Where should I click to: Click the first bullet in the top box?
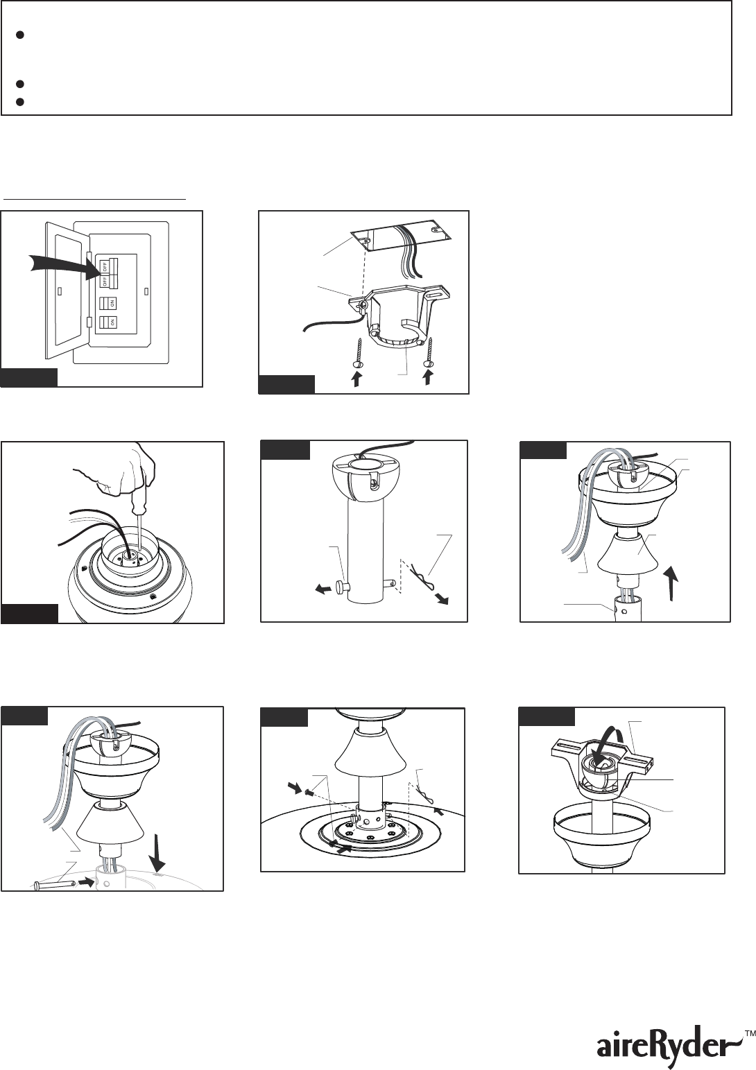20,35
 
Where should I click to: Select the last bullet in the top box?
20,102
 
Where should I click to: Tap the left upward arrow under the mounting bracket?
356,380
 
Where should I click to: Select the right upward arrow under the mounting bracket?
428,378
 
